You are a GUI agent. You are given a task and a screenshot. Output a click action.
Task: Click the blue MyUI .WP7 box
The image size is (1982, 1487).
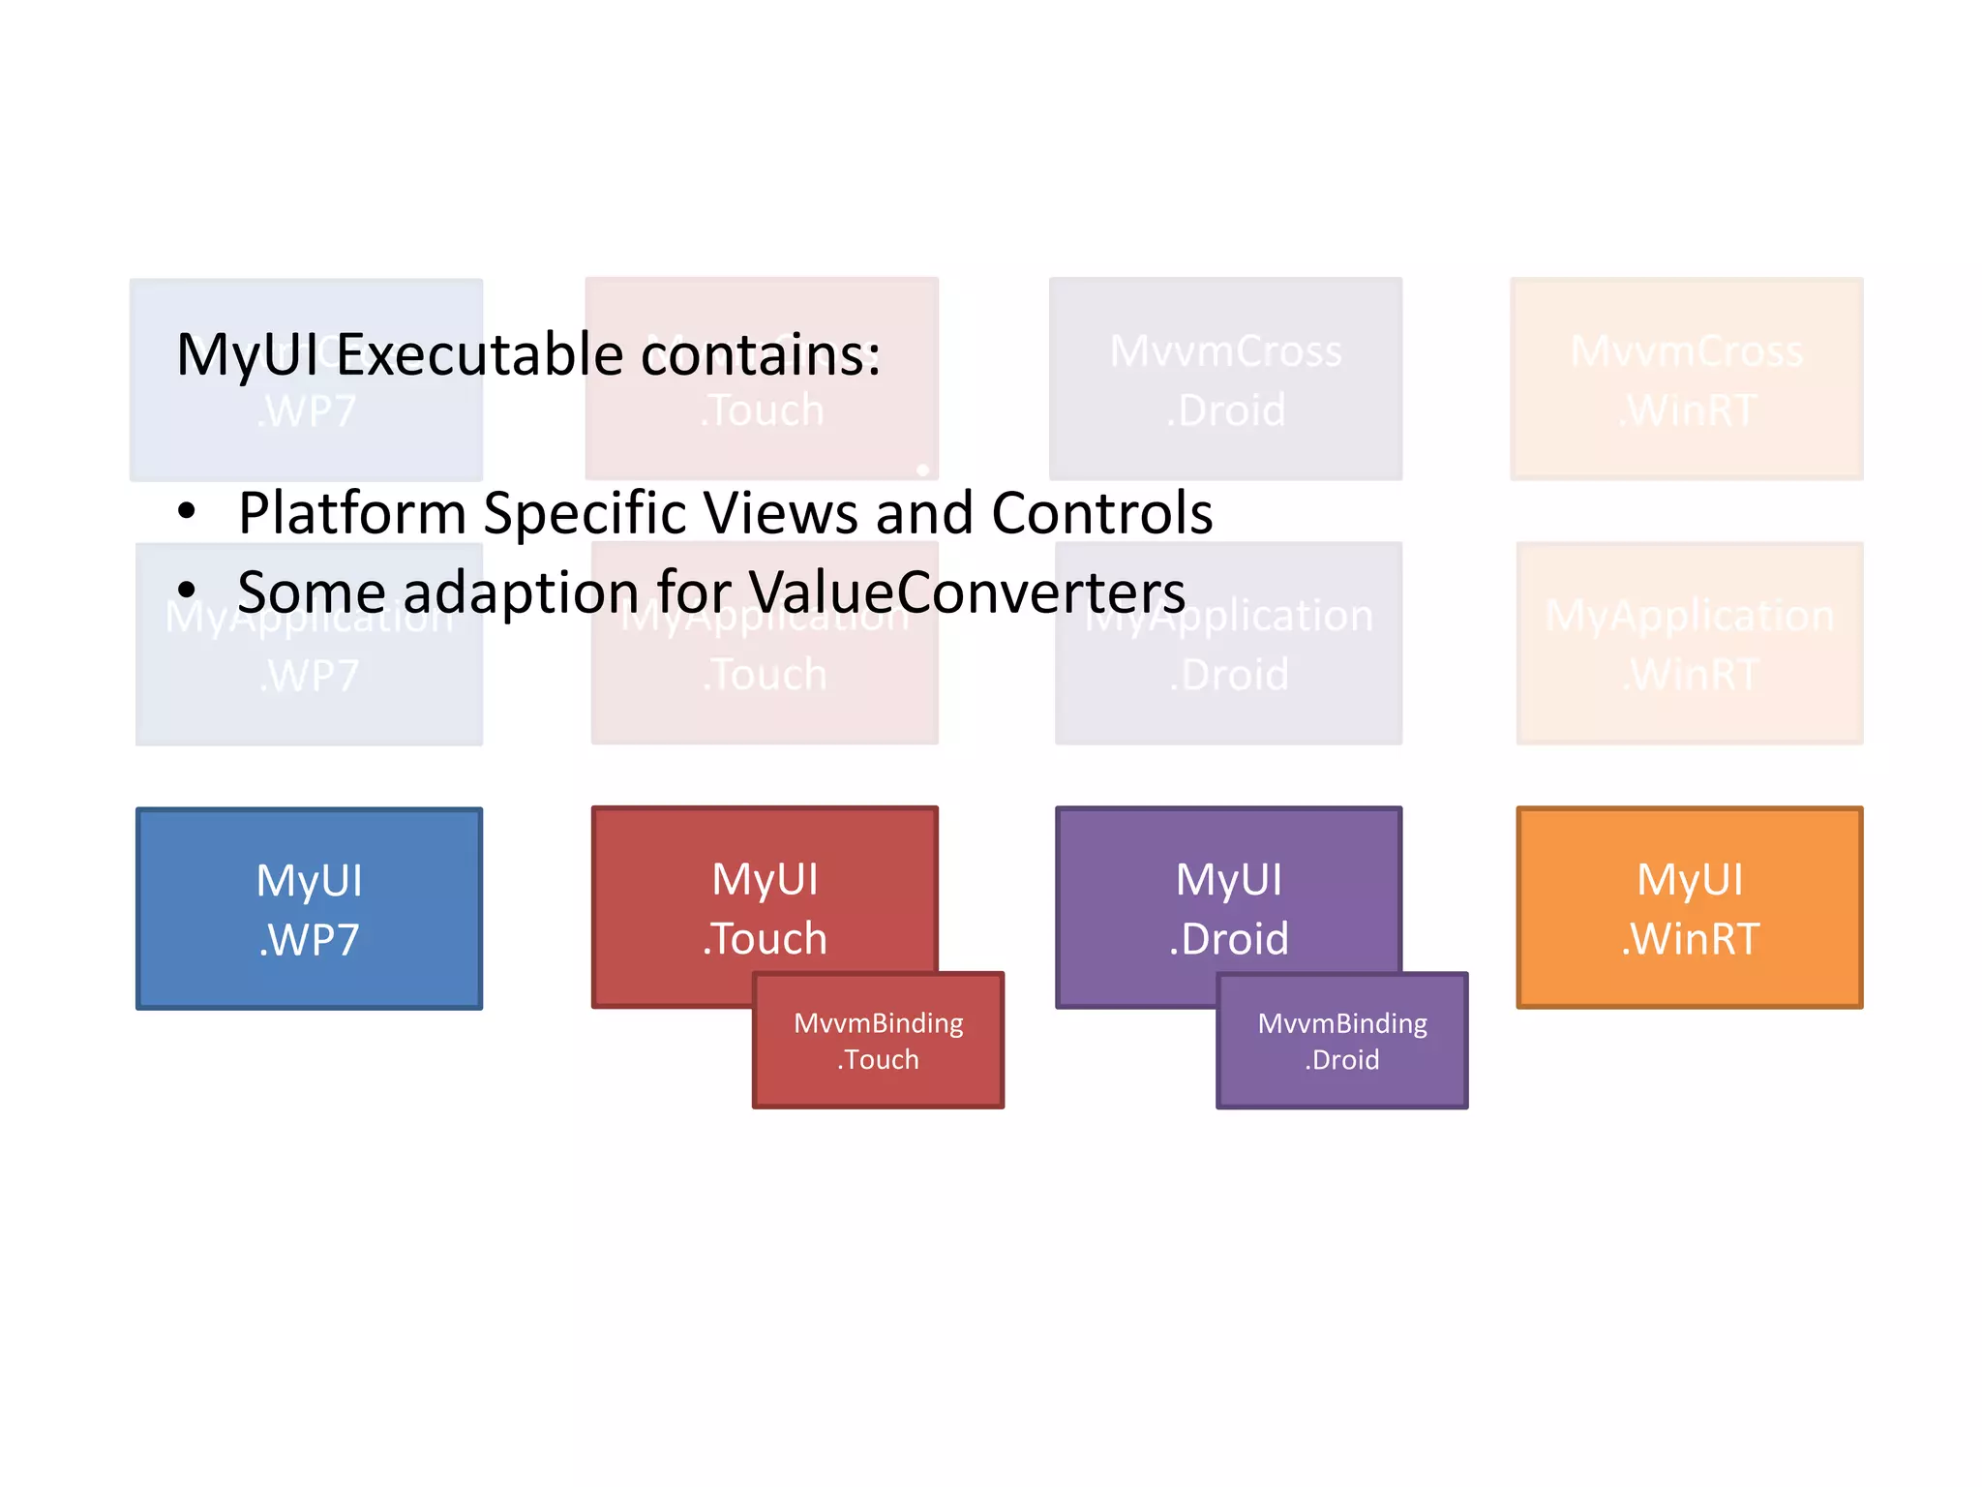click(x=309, y=908)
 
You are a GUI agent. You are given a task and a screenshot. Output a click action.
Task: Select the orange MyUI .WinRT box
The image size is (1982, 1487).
click(x=1689, y=907)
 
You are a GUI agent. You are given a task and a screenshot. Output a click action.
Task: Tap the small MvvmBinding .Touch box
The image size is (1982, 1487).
click(x=878, y=1041)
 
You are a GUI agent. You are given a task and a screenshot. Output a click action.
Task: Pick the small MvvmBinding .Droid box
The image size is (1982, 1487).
click(x=1341, y=1041)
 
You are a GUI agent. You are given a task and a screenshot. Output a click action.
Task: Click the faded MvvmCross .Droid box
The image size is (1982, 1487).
click(x=1225, y=379)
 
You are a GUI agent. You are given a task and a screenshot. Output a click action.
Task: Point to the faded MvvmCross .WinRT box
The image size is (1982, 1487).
click(x=1686, y=379)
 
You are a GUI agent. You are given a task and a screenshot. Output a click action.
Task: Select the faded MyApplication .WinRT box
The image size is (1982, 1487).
click(x=1689, y=643)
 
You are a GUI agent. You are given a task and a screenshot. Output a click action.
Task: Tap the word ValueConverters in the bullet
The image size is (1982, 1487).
click(x=967, y=592)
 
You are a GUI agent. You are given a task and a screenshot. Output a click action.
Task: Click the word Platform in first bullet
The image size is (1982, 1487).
click(x=352, y=513)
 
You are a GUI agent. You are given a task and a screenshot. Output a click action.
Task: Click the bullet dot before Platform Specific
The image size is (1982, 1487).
click(x=187, y=510)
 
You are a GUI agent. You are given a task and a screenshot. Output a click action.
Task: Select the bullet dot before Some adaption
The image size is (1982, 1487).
click(x=187, y=589)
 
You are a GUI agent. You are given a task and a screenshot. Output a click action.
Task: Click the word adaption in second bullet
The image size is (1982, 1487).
click(x=521, y=592)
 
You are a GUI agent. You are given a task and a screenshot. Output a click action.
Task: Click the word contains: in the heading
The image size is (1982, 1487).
click(x=761, y=354)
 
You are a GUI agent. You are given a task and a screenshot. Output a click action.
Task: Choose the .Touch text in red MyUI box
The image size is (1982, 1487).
click(x=765, y=939)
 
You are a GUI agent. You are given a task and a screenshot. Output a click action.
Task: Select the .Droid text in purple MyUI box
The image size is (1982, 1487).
click(x=1228, y=939)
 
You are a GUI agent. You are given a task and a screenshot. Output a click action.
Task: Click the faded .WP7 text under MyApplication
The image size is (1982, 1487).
click(x=309, y=676)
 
